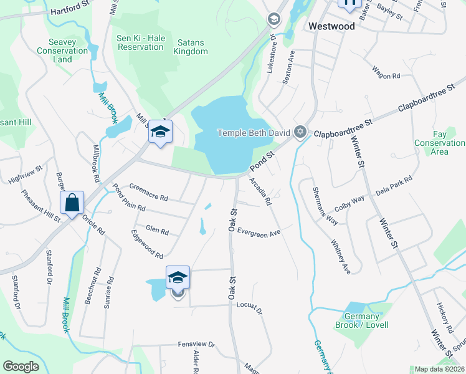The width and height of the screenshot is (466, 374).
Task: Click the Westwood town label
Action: [x=331, y=27]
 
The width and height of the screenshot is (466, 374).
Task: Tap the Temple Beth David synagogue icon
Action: [x=301, y=132]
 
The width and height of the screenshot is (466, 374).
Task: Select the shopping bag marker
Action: [x=72, y=203]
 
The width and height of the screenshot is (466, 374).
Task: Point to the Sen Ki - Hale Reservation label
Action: [x=140, y=42]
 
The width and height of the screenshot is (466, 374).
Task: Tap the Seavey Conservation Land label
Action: [x=62, y=50]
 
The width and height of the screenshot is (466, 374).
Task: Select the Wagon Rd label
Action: [x=386, y=76]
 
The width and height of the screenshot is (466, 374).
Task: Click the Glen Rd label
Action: [x=157, y=231]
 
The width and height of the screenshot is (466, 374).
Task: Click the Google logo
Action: [x=21, y=367]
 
